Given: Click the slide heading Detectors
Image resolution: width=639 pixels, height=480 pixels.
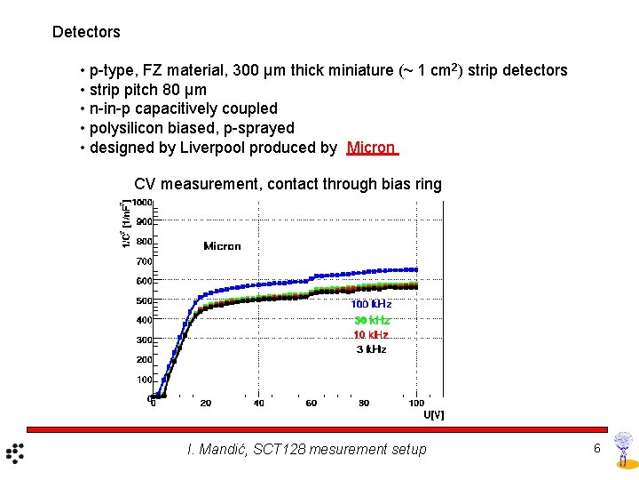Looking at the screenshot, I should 86,32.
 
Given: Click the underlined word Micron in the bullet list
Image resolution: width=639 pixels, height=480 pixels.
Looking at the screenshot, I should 371,148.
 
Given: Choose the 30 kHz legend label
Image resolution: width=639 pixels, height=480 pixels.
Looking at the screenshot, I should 371,320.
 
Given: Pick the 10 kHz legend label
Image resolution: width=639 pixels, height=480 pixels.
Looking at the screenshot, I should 370,335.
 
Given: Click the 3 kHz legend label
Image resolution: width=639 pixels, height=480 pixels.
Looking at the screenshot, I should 371,350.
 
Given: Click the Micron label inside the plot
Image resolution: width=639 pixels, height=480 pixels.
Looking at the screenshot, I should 222,246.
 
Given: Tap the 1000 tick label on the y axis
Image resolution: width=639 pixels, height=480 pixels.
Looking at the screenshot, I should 142,203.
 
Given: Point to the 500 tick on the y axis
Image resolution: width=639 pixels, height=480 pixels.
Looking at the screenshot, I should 143,300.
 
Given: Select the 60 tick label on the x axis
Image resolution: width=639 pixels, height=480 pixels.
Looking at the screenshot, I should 312,404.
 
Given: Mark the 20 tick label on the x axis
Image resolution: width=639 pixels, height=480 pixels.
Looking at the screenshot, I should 206,404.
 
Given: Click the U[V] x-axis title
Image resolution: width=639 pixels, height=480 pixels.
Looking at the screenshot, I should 433,414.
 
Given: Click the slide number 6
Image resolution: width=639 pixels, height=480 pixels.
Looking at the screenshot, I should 597,448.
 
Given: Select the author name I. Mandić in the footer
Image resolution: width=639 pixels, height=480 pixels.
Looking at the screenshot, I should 216,450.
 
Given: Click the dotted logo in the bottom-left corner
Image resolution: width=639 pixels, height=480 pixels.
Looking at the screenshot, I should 16,452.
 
